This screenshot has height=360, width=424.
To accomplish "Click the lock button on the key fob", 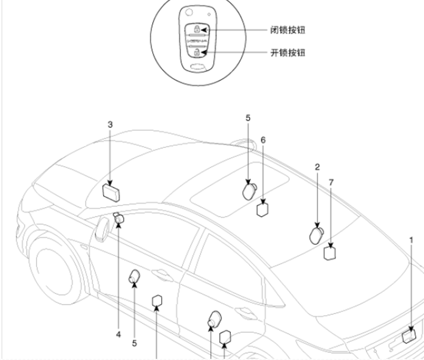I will (197, 29).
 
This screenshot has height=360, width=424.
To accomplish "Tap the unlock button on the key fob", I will (197, 53).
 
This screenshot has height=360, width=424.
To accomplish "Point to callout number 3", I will (110, 125).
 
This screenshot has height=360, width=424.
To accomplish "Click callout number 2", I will (317, 166).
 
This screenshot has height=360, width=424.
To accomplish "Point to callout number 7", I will (331, 182).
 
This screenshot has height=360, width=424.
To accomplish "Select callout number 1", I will (411, 240).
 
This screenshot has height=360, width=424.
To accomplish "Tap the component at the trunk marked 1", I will (409, 335).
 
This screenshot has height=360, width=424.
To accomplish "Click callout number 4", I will (118, 335).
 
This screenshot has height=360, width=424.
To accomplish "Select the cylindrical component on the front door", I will (135, 276).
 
